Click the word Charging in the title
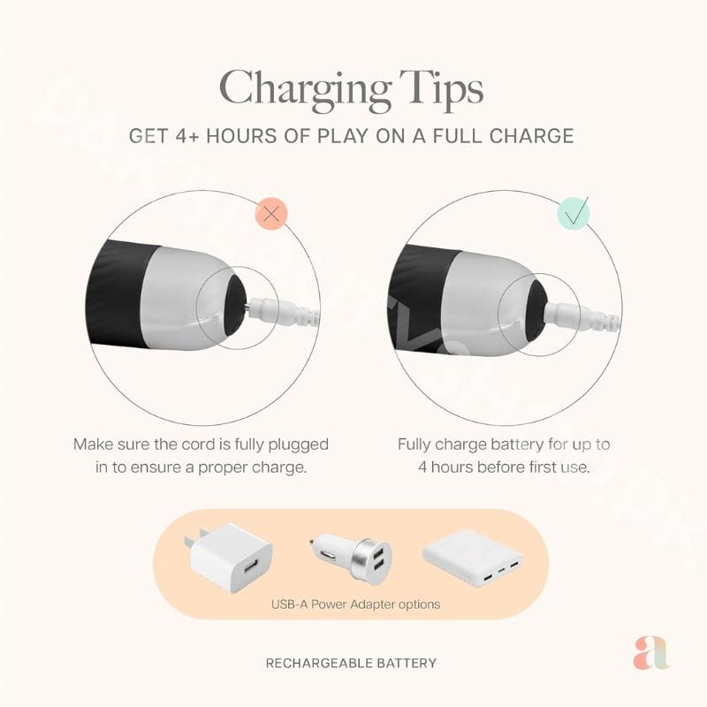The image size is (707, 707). tap(305, 90)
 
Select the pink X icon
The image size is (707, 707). tap(271, 213)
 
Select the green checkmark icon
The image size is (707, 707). tap(574, 212)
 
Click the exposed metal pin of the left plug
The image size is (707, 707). tap(248, 308)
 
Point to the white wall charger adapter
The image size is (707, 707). tap(228, 558)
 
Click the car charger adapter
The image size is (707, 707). tap(351, 558)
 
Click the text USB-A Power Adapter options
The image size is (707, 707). tap(355, 604)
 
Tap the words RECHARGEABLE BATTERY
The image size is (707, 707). tap(351, 664)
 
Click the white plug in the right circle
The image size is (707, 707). tap(582, 315)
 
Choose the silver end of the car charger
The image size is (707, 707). tap(372, 559)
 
